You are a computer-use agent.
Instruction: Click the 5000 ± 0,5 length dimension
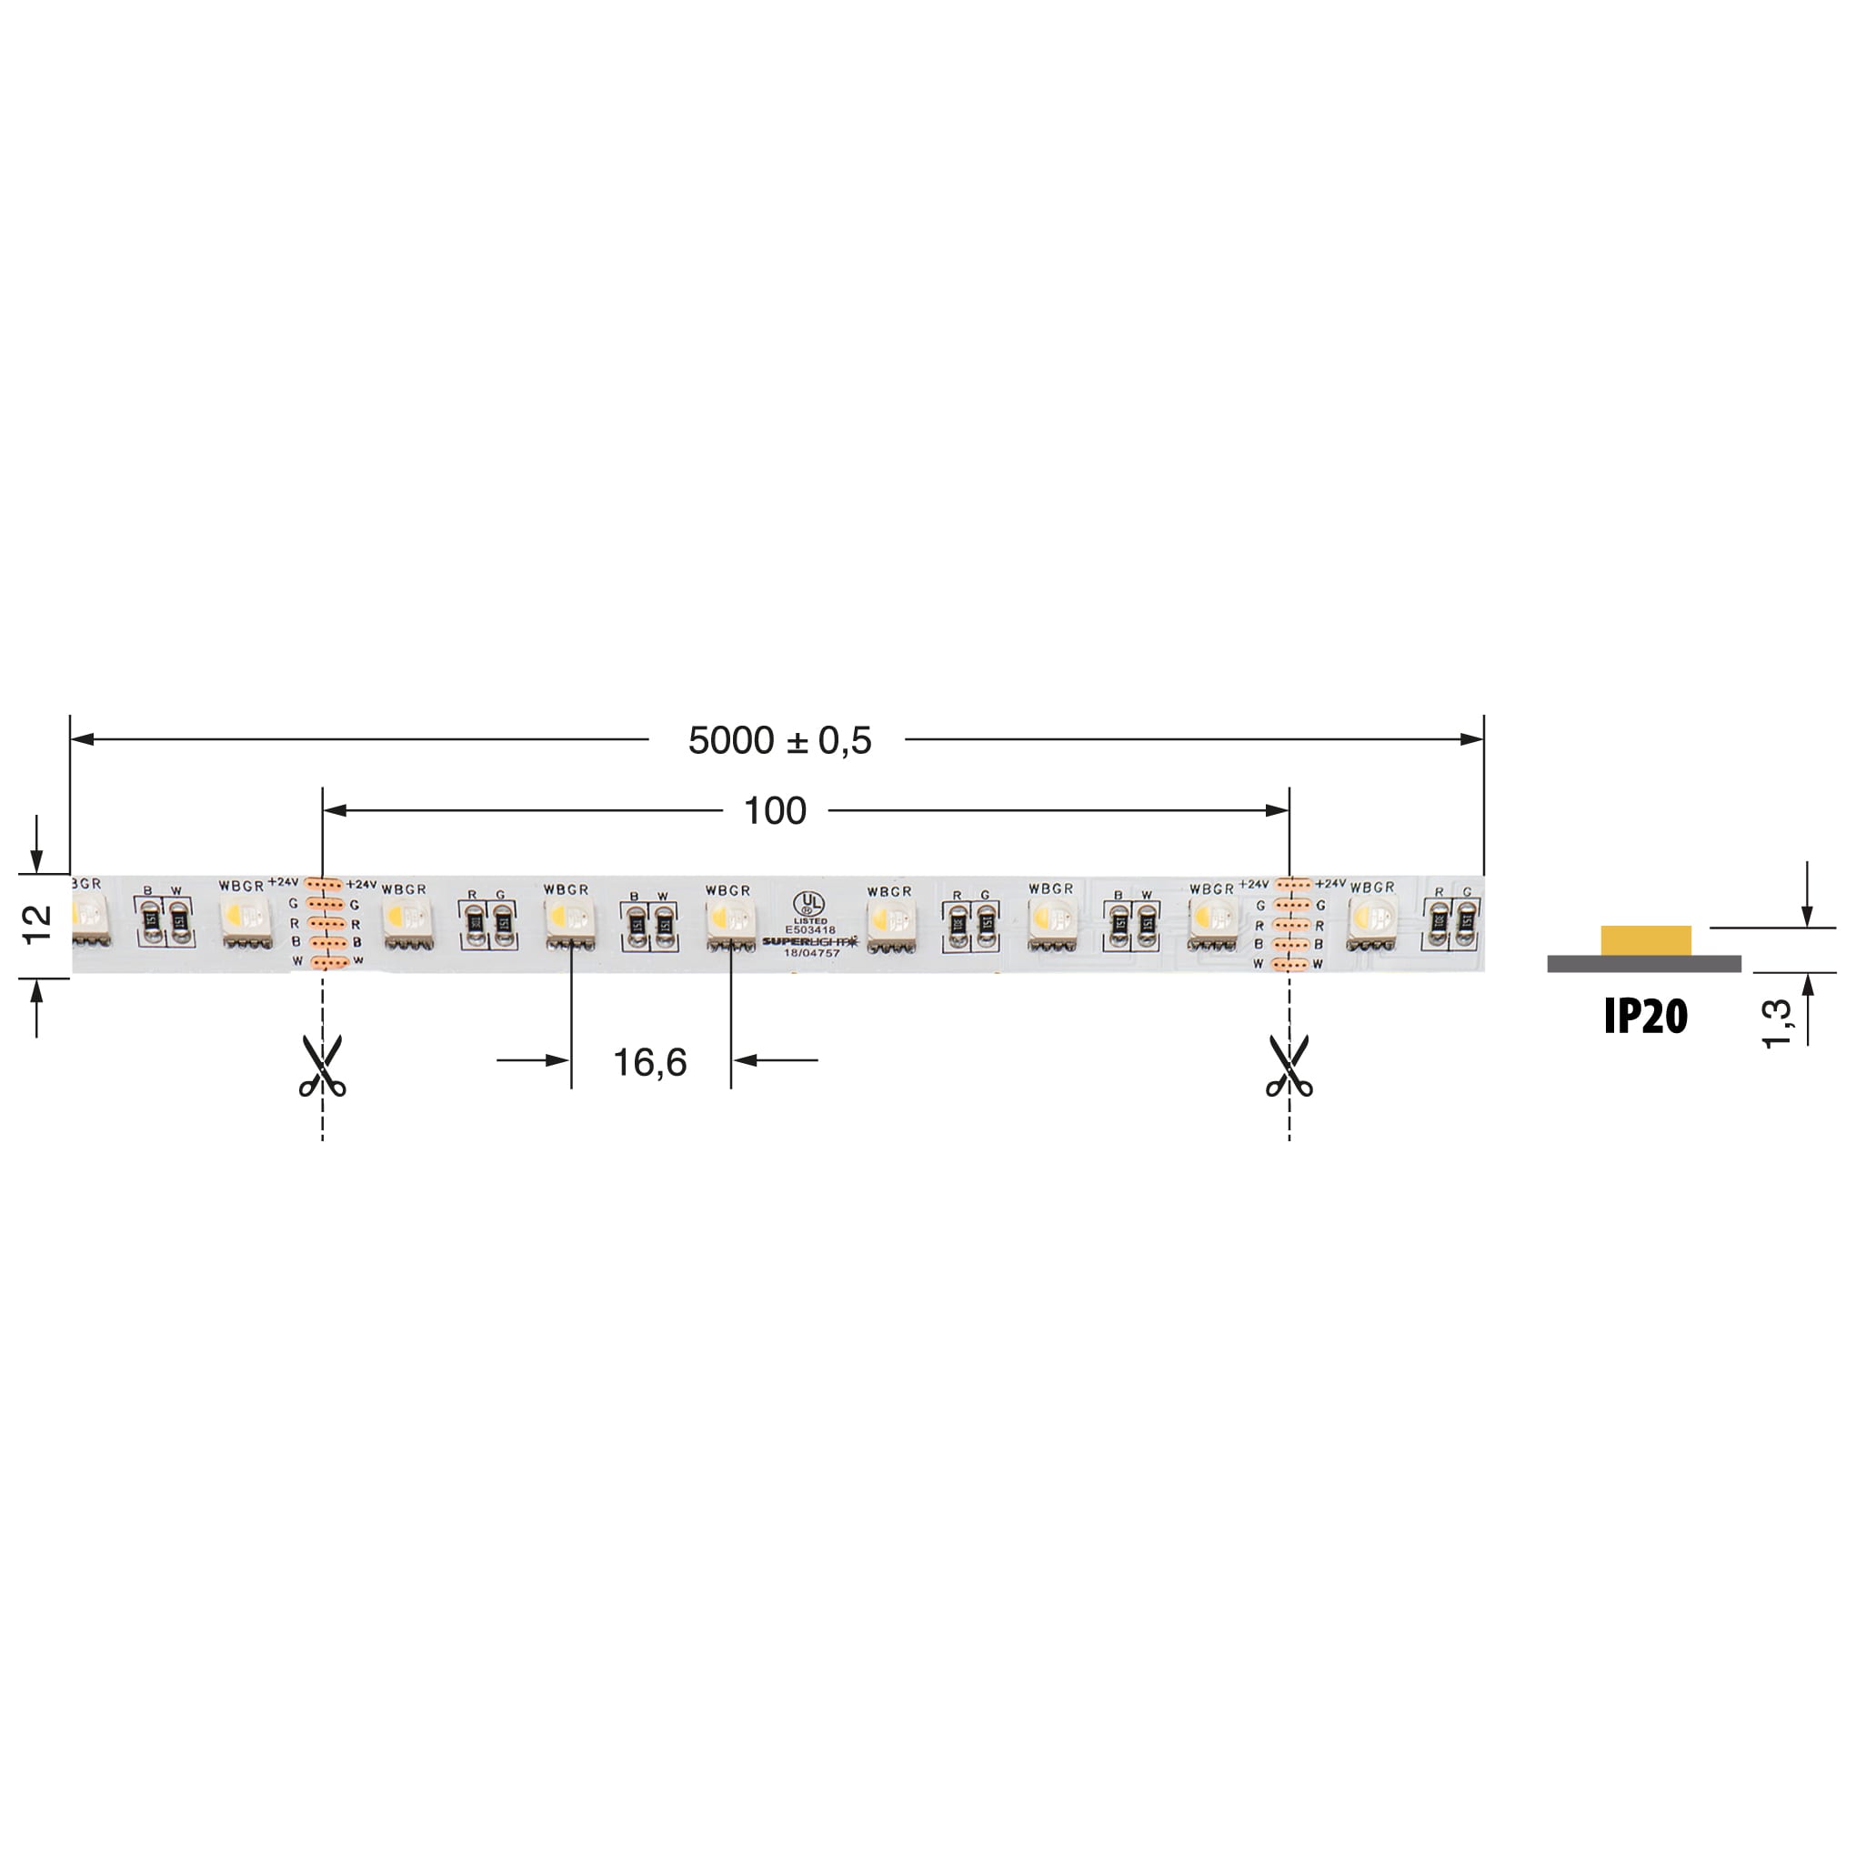[x=779, y=740]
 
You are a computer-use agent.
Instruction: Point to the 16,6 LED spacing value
[x=649, y=1061]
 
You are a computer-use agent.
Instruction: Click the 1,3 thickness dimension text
[x=1776, y=1023]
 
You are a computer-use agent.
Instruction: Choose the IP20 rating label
[x=1645, y=1017]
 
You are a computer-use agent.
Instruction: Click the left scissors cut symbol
[x=322, y=1066]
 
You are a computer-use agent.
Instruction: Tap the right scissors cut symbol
[x=1289, y=1066]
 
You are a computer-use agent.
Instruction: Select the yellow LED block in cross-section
[x=1646, y=940]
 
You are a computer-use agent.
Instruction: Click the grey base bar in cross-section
[x=1644, y=964]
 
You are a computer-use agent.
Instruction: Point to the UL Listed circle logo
[x=808, y=902]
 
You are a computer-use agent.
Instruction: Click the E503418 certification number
[x=810, y=930]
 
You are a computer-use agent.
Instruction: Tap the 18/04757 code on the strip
[x=812, y=953]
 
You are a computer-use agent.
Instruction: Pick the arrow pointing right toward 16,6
[x=557, y=1060]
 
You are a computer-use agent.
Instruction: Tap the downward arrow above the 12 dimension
[x=36, y=861]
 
